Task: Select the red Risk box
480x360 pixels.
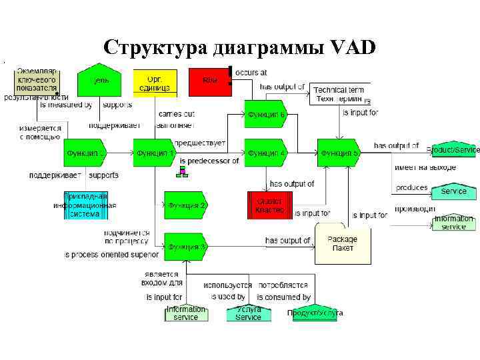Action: coord(210,82)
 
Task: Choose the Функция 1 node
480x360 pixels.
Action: coord(154,153)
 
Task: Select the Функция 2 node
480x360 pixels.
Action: coord(185,205)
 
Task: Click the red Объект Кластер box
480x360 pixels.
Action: coord(269,205)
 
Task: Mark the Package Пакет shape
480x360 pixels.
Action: coord(342,243)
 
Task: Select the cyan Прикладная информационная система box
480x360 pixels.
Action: coord(85,205)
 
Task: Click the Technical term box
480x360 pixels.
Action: coord(340,94)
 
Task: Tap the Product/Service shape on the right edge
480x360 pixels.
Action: coord(455,150)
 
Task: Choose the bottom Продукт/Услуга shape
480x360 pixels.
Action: coord(315,313)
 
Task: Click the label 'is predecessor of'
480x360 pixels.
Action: coord(209,161)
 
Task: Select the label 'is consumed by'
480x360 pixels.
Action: coord(283,297)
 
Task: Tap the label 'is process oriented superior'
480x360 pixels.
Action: coord(111,255)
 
